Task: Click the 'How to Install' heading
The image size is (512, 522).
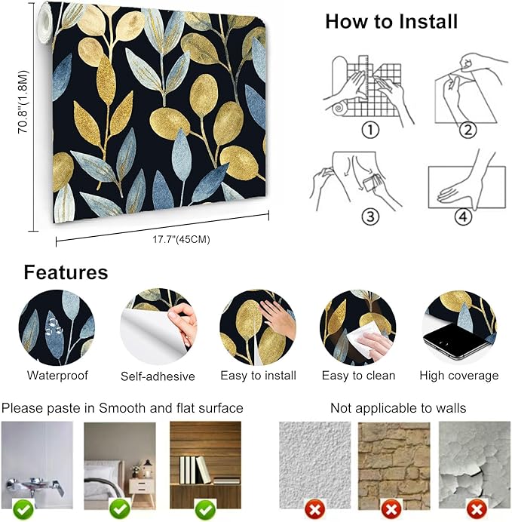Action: tap(391, 22)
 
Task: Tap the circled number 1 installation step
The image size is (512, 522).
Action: tap(369, 130)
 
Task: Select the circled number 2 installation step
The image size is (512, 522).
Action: tap(469, 130)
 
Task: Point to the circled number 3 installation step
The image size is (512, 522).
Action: tap(369, 216)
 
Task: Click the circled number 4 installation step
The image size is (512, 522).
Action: tap(462, 217)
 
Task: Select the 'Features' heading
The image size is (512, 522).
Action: tap(66, 272)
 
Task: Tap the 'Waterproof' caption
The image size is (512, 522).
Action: tap(57, 375)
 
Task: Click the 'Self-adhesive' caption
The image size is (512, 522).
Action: tap(158, 376)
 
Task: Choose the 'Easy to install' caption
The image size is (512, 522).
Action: tap(258, 375)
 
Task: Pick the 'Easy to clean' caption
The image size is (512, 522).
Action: tap(358, 375)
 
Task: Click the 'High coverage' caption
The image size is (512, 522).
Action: tap(458, 375)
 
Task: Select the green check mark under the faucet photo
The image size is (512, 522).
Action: tap(23, 510)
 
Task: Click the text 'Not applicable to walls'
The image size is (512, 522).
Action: tap(398, 408)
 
